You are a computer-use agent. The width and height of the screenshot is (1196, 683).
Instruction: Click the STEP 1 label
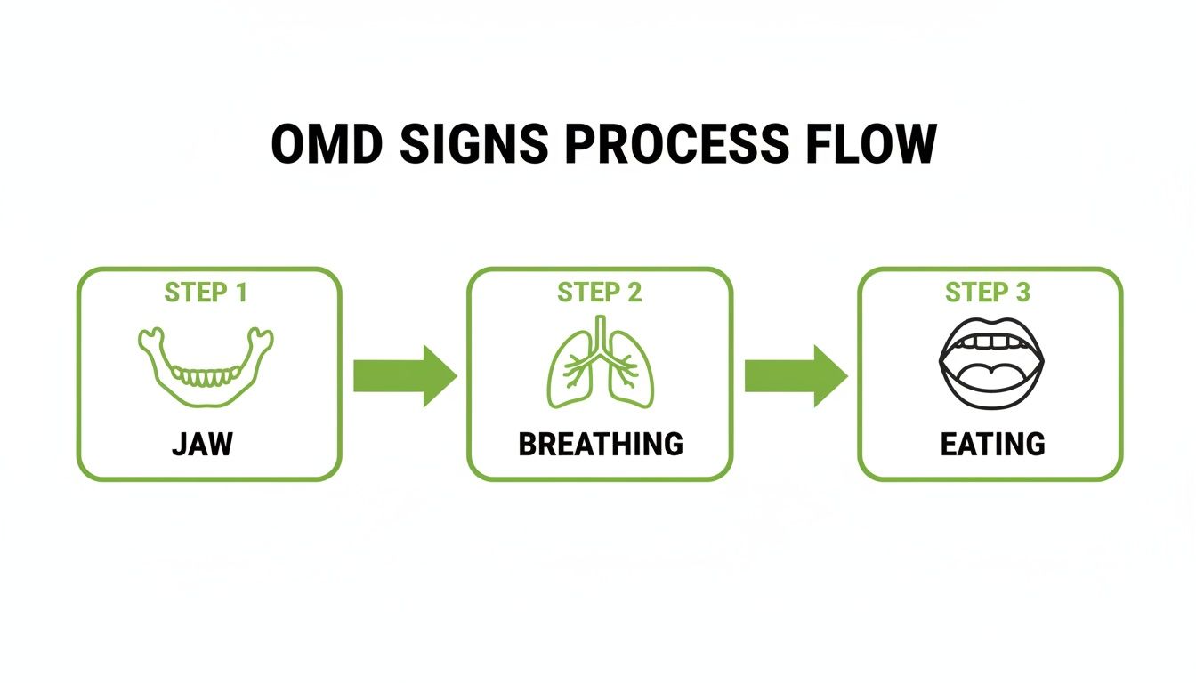[x=206, y=293]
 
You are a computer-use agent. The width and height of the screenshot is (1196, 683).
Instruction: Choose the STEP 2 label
[x=600, y=293]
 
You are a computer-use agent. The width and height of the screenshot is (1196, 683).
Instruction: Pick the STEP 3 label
[x=988, y=293]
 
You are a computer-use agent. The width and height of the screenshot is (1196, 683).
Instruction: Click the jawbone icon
[x=206, y=367]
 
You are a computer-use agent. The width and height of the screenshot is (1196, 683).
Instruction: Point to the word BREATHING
[x=601, y=443]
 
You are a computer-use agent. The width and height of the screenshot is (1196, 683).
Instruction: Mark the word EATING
[x=992, y=443]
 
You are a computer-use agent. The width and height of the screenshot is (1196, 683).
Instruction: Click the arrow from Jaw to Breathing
[x=405, y=376]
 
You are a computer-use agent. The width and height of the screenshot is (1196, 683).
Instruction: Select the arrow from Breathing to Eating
[x=796, y=376]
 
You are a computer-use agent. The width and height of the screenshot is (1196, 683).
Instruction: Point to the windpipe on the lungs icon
[x=601, y=333]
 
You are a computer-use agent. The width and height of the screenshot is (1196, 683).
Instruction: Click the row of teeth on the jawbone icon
[x=206, y=377]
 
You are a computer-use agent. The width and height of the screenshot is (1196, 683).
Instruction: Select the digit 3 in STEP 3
[x=1022, y=293]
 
